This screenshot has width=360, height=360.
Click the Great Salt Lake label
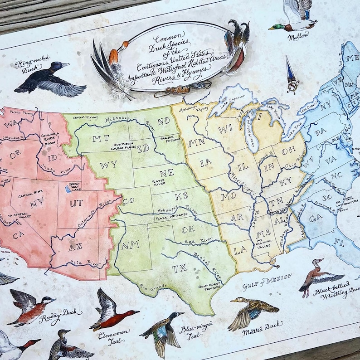point(74,186)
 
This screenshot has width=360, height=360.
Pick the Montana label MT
point(98,138)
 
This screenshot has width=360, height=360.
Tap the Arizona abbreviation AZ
point(75,247)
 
